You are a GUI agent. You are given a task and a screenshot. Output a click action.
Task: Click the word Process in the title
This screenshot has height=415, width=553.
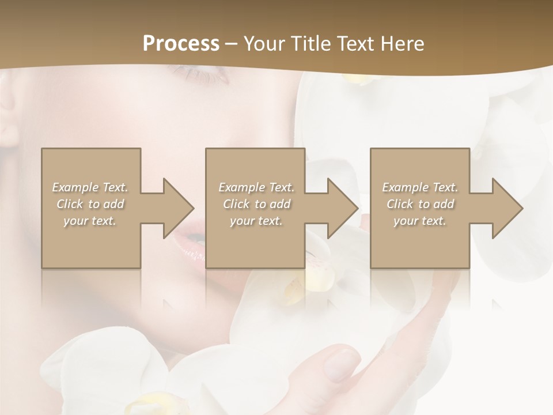181,44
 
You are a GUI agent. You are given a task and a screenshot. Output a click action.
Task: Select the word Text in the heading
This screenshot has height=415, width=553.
355,44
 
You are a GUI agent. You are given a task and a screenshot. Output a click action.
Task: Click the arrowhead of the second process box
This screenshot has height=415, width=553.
342,208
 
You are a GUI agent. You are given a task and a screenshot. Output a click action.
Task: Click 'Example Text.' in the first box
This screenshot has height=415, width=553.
90,187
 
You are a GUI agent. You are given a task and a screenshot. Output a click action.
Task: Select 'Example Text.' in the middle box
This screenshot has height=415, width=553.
256,187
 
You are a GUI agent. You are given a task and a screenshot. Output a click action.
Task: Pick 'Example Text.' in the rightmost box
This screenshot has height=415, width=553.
420,187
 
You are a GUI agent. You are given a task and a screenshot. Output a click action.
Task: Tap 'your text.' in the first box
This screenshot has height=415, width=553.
90,221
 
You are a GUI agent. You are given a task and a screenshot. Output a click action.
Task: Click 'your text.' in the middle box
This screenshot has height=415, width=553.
256,221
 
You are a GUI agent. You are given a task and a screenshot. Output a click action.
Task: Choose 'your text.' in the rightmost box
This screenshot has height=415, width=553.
420,221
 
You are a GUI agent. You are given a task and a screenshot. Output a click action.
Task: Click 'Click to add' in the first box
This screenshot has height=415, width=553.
90,204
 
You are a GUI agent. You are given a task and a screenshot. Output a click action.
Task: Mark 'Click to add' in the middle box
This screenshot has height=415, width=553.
256,204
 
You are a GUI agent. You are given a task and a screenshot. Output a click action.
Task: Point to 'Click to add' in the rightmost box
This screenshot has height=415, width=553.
420,204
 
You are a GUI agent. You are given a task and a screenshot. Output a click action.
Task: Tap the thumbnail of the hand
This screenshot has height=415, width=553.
341,363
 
